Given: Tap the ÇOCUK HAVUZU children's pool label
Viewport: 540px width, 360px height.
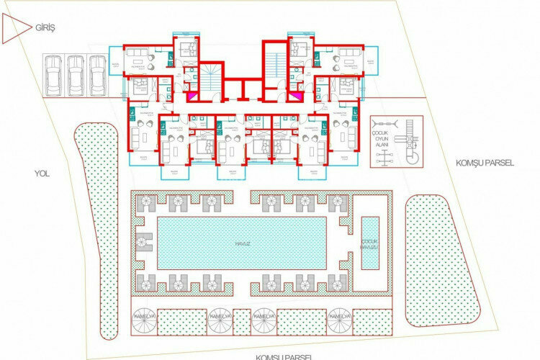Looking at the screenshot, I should (369, 244).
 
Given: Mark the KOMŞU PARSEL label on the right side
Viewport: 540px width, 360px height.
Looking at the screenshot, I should (485, 163).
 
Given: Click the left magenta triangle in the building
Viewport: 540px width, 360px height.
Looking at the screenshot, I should (192, 94).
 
